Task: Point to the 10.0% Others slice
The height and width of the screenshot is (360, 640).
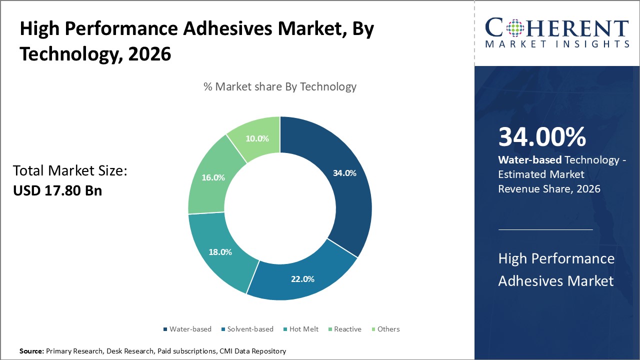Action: [x=257, y=138]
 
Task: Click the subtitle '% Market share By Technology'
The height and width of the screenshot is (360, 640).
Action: [x=280, y=86]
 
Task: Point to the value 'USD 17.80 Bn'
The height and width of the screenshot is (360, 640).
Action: [x=57, y=190]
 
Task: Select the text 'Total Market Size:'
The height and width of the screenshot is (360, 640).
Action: [x=70, y=171]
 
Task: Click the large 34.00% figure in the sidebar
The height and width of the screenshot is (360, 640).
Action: [x=542, y=137]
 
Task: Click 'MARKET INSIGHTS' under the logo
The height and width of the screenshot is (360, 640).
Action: [x=557, y=44]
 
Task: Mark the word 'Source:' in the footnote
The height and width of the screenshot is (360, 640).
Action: [x=31, y=351]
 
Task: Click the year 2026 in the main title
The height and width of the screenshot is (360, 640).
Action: [x=149, y=54]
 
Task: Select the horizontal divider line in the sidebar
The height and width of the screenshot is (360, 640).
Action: [x=545, y=229]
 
